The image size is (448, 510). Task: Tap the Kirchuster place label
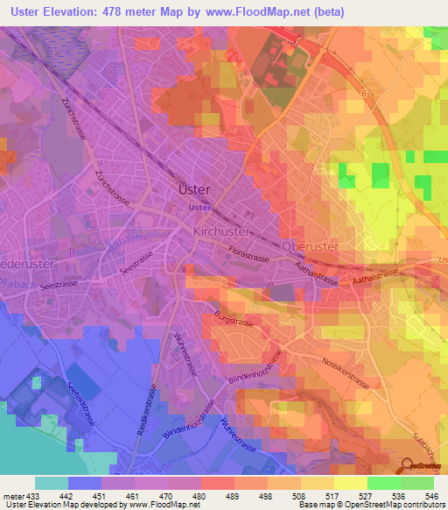click(x=222, y=230)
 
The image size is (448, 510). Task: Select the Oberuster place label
click(x=311, y=247)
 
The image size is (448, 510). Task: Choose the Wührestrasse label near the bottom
click(x=234, y=433)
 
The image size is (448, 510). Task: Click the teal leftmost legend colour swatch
click(x=51, y=483)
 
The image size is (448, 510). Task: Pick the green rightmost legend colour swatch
click(x=417, y=483)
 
